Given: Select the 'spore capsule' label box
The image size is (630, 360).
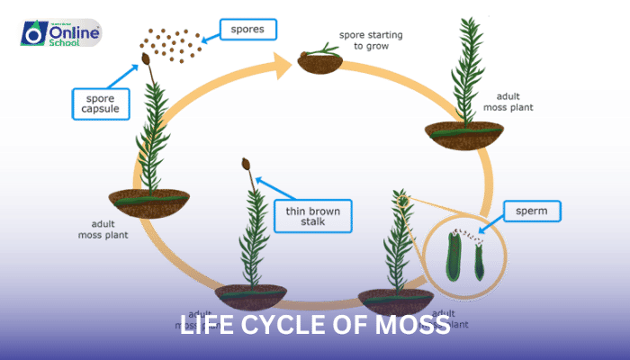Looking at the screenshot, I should coord(98,103).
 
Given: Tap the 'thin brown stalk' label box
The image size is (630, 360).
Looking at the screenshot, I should coord(312,217).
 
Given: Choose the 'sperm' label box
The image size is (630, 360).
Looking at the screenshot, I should coord(531,212).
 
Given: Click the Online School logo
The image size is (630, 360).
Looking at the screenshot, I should coord(59,34).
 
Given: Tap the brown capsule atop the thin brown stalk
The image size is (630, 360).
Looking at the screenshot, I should coord(246,165).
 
